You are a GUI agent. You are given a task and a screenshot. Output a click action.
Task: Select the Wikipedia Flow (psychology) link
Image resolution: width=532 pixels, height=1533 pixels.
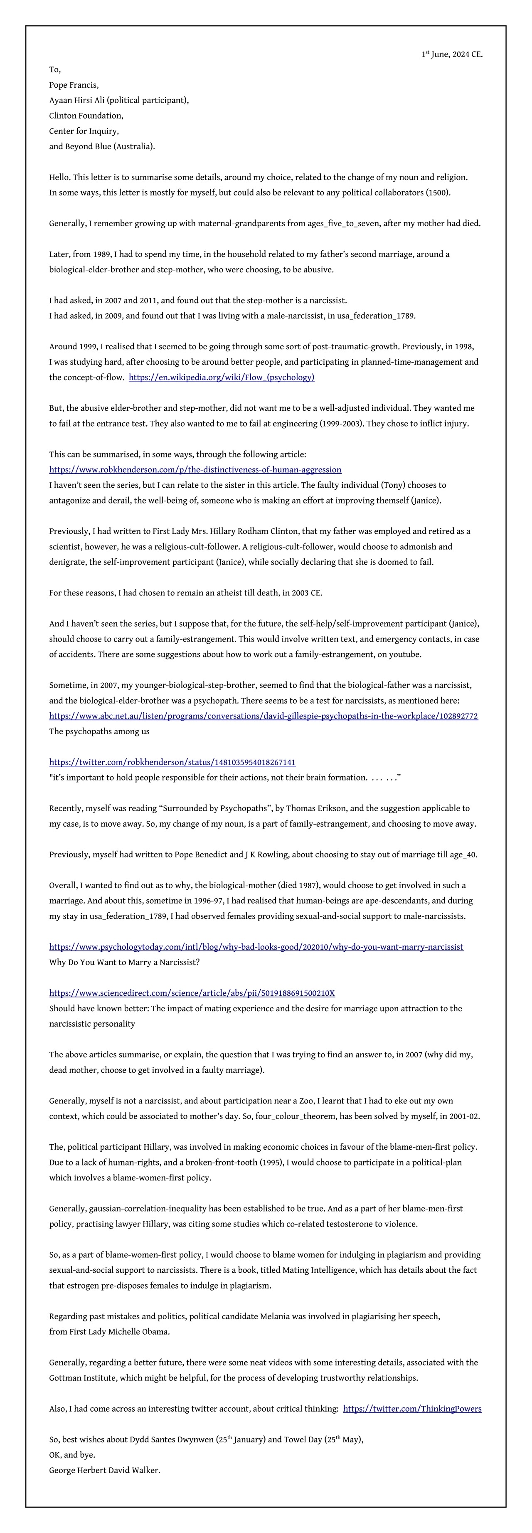pyautogui.click(x=222, y=377)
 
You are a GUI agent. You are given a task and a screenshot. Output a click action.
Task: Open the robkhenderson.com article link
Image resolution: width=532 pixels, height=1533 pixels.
pyautogui.click(x=195, y=469)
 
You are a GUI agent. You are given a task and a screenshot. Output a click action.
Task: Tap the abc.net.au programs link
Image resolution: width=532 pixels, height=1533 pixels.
pyautogui.click(x=263, y=716)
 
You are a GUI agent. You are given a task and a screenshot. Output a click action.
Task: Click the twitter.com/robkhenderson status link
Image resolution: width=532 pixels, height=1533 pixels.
pyautogui.click(x=172, y=762)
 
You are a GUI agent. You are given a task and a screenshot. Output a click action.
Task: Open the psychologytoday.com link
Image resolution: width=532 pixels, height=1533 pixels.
pyautogui.click(x=256, y=947)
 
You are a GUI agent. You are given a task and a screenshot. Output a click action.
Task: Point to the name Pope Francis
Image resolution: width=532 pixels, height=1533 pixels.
pyautogui.click(x=74, y=85)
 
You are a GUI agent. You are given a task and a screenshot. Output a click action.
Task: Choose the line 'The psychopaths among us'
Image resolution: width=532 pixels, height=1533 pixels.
pyautogui.click(x=99, y=731)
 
